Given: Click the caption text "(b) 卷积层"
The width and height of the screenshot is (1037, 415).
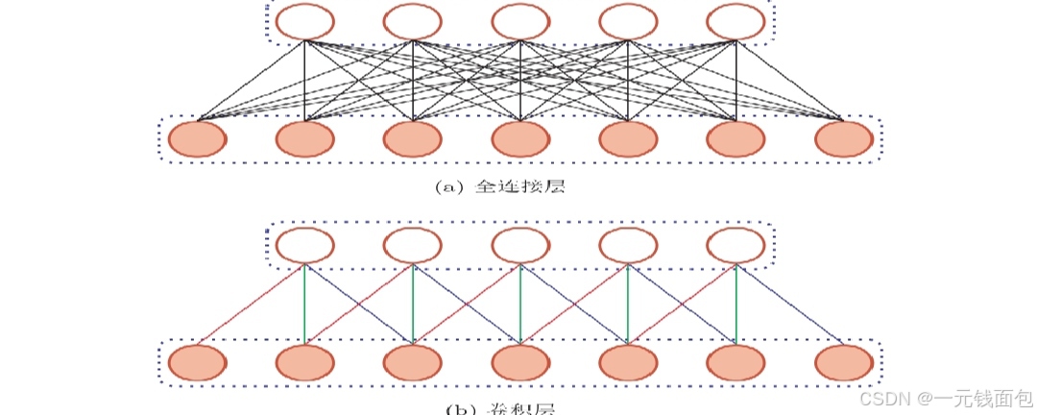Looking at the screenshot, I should pos(499,408).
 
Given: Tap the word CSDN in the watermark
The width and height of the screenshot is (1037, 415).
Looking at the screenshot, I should pos(885,397).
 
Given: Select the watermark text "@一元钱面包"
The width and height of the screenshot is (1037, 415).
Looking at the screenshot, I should pos(974,397).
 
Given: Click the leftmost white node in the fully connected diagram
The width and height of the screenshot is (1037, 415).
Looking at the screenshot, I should pos(305,21).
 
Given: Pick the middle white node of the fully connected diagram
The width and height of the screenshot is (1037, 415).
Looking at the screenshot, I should pos(520,21).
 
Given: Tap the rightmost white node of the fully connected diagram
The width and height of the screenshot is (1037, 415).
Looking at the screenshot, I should pos(736,21).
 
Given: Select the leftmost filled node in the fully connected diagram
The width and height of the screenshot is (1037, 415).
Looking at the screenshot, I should pos(198,139).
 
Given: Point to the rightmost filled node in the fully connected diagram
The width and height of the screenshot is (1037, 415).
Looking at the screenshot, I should pos(843,139).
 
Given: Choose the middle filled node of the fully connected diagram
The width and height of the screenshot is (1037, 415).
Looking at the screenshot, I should pos(520,139).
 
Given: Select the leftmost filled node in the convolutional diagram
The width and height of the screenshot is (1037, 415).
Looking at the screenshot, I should pos(198,363).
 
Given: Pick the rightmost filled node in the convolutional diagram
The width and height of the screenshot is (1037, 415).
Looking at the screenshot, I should pos(843,363).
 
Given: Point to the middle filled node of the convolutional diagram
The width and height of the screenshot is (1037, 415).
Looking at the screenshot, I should pos(520,363).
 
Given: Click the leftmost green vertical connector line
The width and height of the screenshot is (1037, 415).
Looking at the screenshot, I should pos(305,304).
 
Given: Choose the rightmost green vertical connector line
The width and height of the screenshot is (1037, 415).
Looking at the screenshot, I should pos(736,304).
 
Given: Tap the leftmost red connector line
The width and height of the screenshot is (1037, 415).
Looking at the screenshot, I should pos(252,304).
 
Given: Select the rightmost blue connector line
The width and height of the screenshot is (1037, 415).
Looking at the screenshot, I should pos(789,304).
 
